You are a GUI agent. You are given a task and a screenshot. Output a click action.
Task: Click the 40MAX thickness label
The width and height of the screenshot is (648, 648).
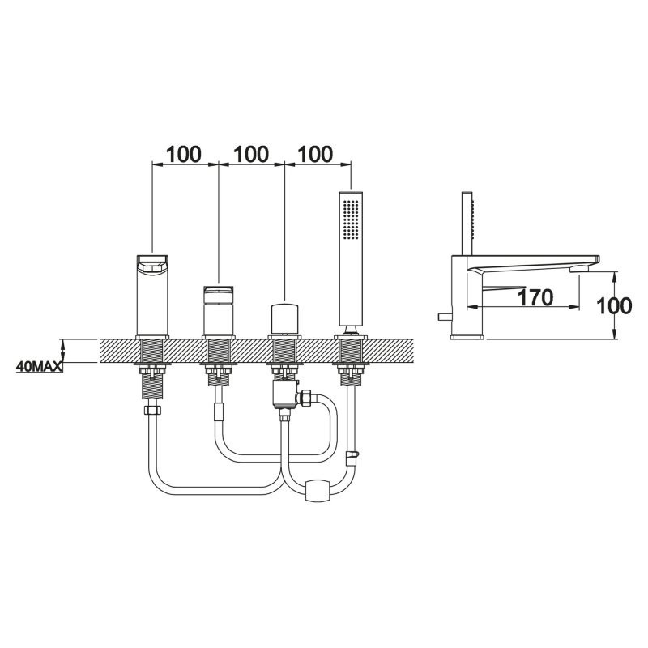(x=39, y=366)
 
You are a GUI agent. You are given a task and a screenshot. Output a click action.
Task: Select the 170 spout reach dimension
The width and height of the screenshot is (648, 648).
(x=535, y=297)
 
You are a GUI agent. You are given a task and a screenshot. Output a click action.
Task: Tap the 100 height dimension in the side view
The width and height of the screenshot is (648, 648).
(x=614, y=306)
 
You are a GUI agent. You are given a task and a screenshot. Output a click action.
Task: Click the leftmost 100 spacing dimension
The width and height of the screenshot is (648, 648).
(x=184, y=154)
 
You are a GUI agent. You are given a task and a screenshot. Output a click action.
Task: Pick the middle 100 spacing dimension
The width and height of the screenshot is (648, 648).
(x=251, y=154)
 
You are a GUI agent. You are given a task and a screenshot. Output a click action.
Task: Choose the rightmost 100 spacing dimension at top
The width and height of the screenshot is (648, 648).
(x=314, y=154)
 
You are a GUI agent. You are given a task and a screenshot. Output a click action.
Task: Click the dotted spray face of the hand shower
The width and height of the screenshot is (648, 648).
(x=351, y=220)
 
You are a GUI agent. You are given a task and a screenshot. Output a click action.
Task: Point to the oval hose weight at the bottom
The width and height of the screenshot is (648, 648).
(x=318, y=490)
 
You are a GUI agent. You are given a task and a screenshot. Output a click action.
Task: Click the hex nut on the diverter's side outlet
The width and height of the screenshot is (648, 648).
(x=306, y=398)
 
